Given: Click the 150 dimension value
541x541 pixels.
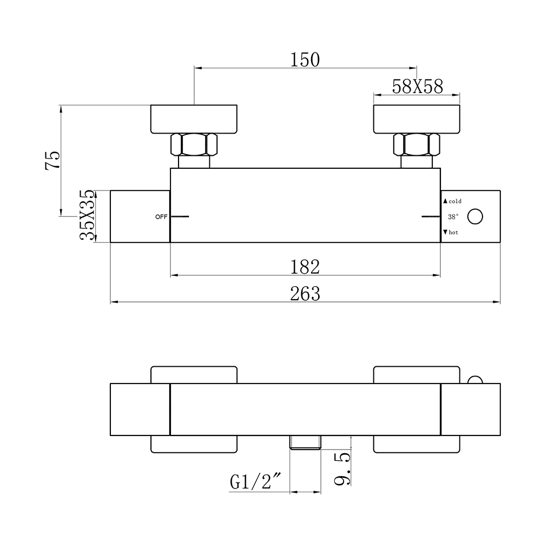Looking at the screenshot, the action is click(305, 60).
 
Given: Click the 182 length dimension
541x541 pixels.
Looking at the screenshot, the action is click(305, 267).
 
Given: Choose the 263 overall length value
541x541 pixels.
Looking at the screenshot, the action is click(305, 294).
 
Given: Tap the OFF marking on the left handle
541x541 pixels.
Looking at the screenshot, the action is click(161, 217).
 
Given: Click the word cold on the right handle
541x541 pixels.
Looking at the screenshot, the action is click(455, 201).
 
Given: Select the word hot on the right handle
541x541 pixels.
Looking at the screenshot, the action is click(453, 232).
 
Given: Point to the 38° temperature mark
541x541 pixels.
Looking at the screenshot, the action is click(453, 217).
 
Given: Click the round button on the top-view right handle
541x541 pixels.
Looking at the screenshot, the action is click(475, 217).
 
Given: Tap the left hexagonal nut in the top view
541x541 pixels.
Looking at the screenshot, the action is click(194, 144).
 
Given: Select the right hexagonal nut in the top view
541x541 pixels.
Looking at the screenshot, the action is click(417, 144).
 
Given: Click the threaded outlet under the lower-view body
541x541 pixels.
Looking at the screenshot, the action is click(305, 443).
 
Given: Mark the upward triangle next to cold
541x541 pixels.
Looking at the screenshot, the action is click(445, 201).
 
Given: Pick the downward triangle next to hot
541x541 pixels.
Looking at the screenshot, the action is click(445, 232).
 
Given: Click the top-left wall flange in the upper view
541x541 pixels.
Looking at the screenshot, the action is click(194, 119).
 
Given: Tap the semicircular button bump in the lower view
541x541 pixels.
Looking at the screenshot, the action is click(475, 380).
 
